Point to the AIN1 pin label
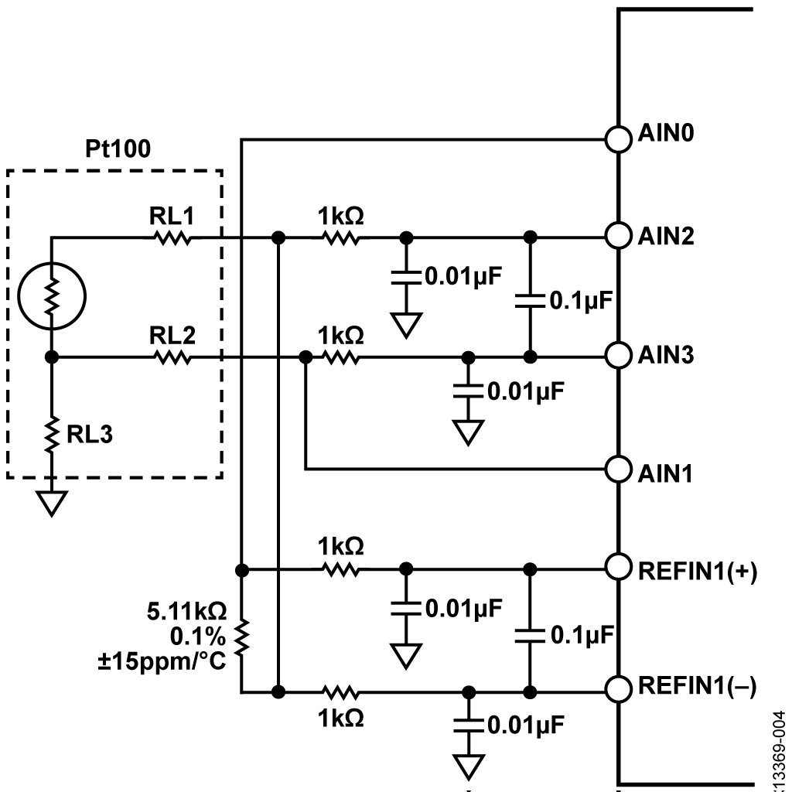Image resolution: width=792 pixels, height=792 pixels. (664, 474)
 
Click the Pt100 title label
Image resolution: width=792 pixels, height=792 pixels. (118, 148)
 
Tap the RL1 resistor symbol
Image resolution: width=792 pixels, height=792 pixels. (172, 237)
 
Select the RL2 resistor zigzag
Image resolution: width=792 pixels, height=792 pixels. (172, 357)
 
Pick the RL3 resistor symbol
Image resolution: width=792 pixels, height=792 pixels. (52, 435)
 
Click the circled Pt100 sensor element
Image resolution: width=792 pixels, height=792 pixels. (52, 296)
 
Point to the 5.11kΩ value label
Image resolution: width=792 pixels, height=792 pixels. (187, 612)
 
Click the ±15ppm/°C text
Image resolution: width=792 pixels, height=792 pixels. (162, 661)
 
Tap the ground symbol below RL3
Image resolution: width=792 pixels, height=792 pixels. (52, 504)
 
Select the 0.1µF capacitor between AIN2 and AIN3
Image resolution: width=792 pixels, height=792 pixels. (530, 301)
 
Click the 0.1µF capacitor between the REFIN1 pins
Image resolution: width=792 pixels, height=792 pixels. (530, 636)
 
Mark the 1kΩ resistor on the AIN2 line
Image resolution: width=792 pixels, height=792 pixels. (341, 237)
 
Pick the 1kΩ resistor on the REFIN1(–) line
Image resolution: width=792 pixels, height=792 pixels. (341, 692)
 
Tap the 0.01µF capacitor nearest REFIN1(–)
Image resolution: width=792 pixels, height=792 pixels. (468, 725)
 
